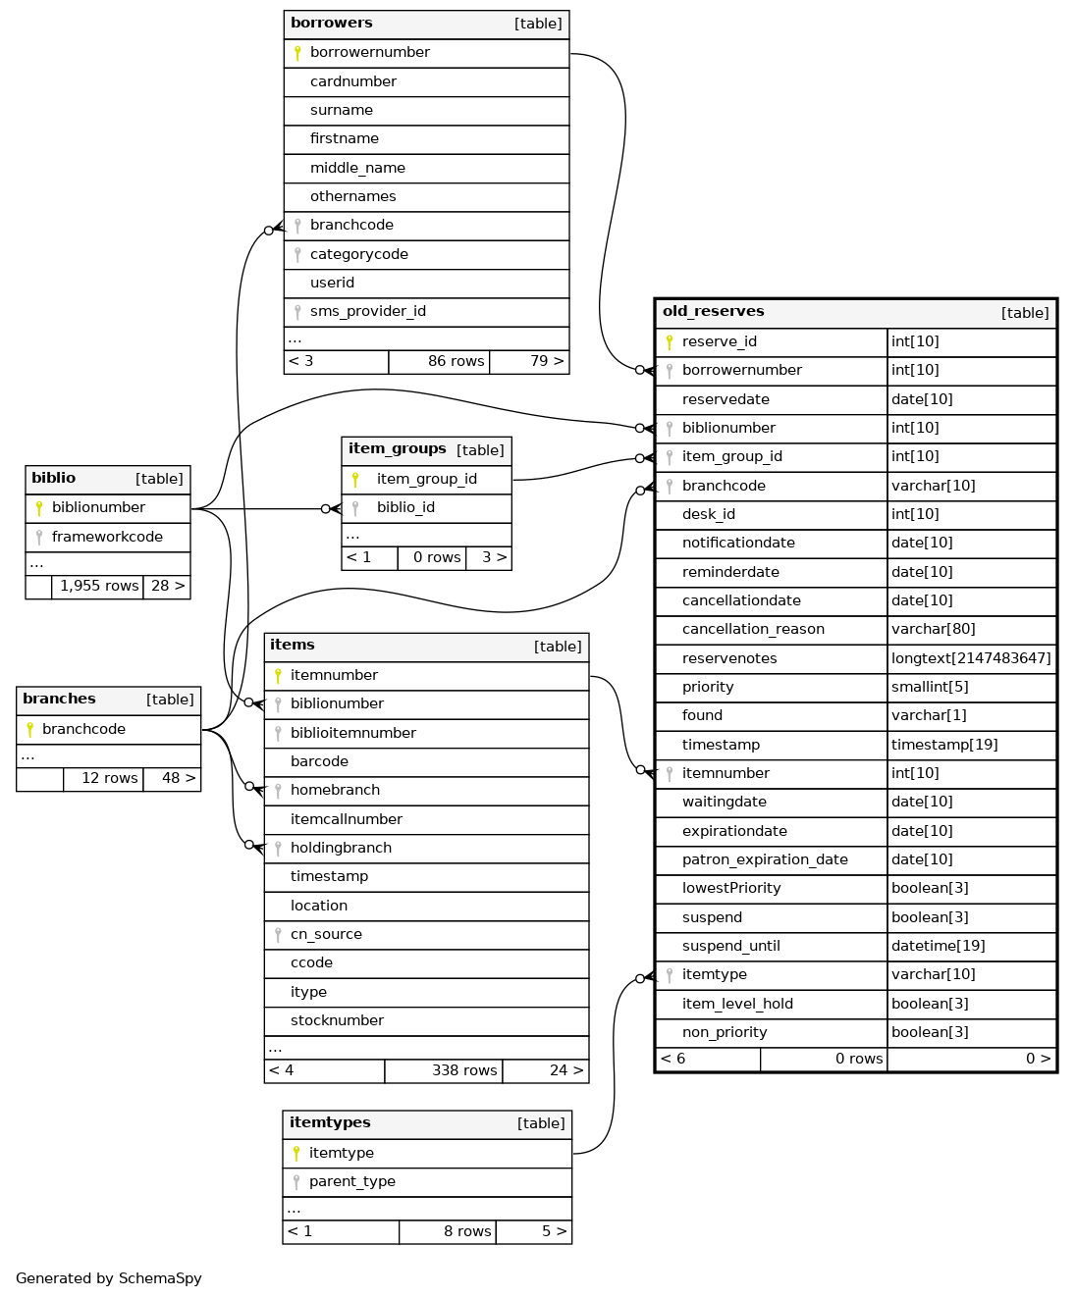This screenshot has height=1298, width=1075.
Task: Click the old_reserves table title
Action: tap(714, 312)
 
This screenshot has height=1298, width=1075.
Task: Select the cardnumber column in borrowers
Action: tap(353, 82)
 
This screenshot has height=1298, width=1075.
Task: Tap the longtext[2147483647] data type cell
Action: tap(971, 658)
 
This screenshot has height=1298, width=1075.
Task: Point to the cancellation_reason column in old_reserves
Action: tap(753, 630)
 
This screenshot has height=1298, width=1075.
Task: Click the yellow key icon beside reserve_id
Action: tap(670, 341)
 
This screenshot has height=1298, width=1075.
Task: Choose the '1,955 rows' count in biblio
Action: tap(99, 587)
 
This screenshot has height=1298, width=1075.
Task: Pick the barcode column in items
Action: tap(319, 762)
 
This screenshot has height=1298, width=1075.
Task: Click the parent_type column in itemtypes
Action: tap(351, 1182)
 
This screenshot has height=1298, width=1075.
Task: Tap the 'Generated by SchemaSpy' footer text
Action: tap(109, 1278)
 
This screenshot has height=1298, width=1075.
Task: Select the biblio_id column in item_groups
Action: tap(405, 508)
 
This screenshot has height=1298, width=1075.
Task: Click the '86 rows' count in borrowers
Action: tap(456, 362)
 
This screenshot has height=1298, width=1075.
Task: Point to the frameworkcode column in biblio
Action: tap(107, 538)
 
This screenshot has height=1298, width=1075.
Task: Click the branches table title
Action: tap(59, 700)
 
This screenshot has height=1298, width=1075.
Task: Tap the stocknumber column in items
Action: tap(337, 1021)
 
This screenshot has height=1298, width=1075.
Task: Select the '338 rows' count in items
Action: tap(464, 1071)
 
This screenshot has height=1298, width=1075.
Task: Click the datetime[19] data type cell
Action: tap(938, 947)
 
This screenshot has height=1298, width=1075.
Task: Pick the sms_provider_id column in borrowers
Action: tap(367, 312)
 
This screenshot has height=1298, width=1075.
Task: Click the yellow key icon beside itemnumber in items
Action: tap(278, 675)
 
